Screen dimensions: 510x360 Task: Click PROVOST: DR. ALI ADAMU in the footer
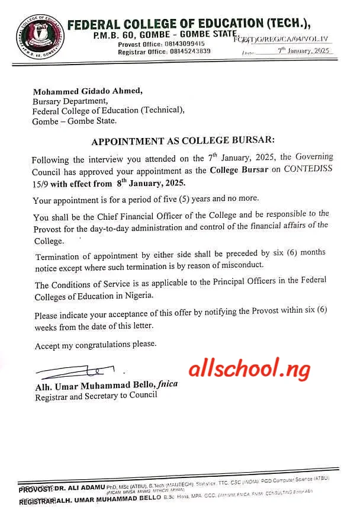[62, 489]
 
